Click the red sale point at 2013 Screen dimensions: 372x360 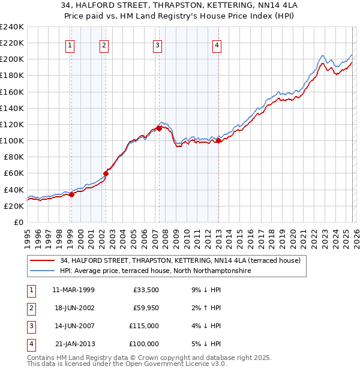point(218,140)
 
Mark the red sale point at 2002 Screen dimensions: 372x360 point(106,173)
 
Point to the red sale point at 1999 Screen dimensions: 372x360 point(71,194)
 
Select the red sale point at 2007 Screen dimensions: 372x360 point(159,128)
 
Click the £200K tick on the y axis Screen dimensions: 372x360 point(11,59)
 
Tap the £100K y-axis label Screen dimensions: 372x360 point(11,140)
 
